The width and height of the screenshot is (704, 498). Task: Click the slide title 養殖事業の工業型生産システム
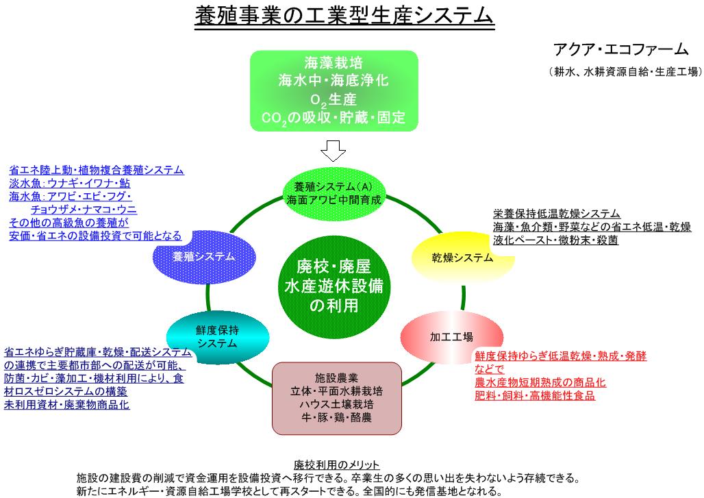(x=344, y=15)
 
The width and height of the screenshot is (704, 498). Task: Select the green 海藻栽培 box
(x=333, y=90)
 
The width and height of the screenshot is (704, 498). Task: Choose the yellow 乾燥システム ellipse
(x=462, y=258)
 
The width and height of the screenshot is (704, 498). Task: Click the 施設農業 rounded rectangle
(x=336, y=398)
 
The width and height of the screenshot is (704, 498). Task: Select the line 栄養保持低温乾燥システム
(x=557, y=214)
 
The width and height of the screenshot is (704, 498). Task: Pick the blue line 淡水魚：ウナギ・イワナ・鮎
(x=70, y=184)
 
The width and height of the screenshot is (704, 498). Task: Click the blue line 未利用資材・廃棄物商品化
(x=67, y=404)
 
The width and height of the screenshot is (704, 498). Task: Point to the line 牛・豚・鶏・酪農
(x=336, y=417)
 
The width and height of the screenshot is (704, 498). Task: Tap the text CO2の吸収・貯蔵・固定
(x=334, y=118)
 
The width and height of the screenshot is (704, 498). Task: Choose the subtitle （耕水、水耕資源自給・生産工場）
(x=625, y=71)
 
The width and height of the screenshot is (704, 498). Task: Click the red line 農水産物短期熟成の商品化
(x=540, y=382)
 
